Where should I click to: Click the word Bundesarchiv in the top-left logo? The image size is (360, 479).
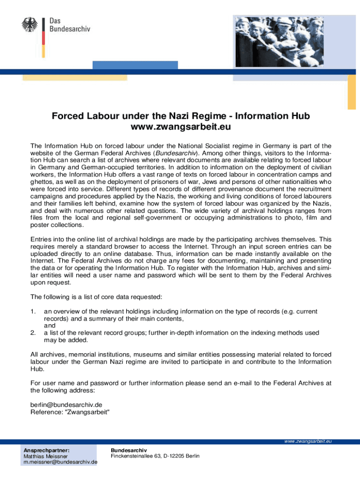coord(70,29)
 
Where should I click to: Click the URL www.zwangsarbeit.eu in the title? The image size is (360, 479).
coord(180,127)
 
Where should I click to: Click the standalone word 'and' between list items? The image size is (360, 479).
coord(50,326)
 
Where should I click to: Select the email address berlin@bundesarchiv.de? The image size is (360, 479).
coord(66,405)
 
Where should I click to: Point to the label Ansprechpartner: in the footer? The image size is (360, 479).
coord(47,450)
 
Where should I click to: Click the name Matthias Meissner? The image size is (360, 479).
coord(46,456)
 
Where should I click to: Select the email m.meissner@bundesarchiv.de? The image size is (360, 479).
coord(60,462)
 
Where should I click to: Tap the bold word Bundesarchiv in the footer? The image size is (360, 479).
coord(125,450)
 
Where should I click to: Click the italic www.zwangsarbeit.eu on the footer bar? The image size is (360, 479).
coord(308,441)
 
